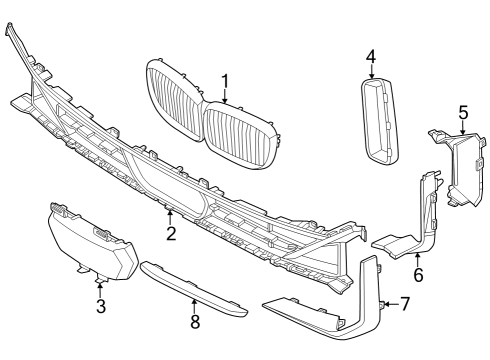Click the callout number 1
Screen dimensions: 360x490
[225, 81]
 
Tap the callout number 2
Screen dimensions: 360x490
[171, 234]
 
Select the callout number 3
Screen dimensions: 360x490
[101, 306]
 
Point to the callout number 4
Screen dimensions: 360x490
[370, 56]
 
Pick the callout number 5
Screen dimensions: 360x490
[463, 112]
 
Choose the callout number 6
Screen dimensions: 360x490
[418, 273]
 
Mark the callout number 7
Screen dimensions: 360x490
[404, 303]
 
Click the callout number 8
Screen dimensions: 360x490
[195, 321]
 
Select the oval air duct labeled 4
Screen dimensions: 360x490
[377, 119]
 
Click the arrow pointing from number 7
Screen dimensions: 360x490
[390, 303]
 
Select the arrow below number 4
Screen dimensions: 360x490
[370, 73]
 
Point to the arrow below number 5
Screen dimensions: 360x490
[463, 128]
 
